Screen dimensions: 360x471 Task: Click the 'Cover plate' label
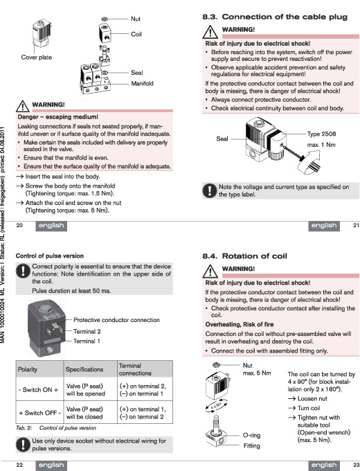click(36, 57)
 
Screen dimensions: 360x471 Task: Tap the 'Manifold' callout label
click(142, 84)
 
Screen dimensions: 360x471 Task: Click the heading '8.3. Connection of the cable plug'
click(275, 17)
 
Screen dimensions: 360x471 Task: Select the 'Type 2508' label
click(321, 134)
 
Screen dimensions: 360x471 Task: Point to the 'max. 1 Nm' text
click(321, 145)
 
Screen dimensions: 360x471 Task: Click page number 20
click(19, 225)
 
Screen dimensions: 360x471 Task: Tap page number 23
click(356, 465)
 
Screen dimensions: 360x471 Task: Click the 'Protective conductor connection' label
click(116, 320)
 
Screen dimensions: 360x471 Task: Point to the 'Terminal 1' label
click(87, 341)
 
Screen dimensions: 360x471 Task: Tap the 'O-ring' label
click(251, 435)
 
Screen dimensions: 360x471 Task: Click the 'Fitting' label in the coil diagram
click(251, 446)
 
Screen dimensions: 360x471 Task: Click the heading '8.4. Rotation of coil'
click(244, 256)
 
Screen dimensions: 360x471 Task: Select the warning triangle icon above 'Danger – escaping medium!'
click(23, 106)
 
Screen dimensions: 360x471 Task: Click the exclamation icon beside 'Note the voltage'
click(209, 190)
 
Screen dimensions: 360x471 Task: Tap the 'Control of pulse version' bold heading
click(50, 256)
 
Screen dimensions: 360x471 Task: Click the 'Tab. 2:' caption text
click(24, 428)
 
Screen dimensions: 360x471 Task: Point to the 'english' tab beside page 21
click(324, 226)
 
